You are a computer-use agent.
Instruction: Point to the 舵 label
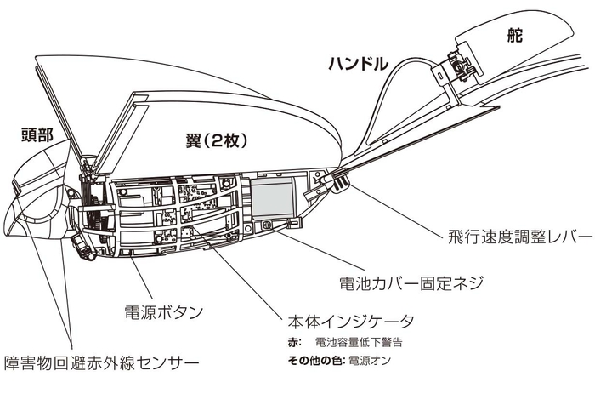pyautogui.click(x=513, y=36)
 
